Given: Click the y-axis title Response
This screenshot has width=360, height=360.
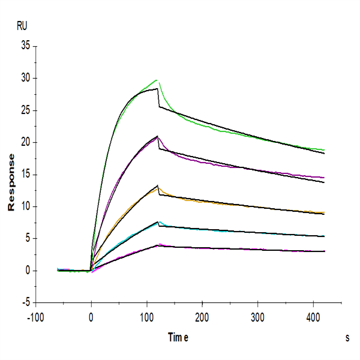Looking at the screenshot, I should click(11, 182).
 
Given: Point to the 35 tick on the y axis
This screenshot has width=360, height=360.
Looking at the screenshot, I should click(25, 46).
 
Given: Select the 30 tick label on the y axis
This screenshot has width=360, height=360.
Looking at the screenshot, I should click(25, 78).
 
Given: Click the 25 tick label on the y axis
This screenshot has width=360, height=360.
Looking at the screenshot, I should click(25, 110).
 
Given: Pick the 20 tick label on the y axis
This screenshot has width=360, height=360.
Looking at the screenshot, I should click(25, 142).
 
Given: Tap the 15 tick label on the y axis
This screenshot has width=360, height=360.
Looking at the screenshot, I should click(25, 175).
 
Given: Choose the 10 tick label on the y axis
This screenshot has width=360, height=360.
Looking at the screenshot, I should click(25, 207).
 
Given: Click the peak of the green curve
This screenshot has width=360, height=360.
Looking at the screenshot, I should click(157, 80).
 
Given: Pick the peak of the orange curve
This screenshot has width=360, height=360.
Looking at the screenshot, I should click(157, 186).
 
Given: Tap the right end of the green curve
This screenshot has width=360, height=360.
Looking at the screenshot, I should click(324, 150).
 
